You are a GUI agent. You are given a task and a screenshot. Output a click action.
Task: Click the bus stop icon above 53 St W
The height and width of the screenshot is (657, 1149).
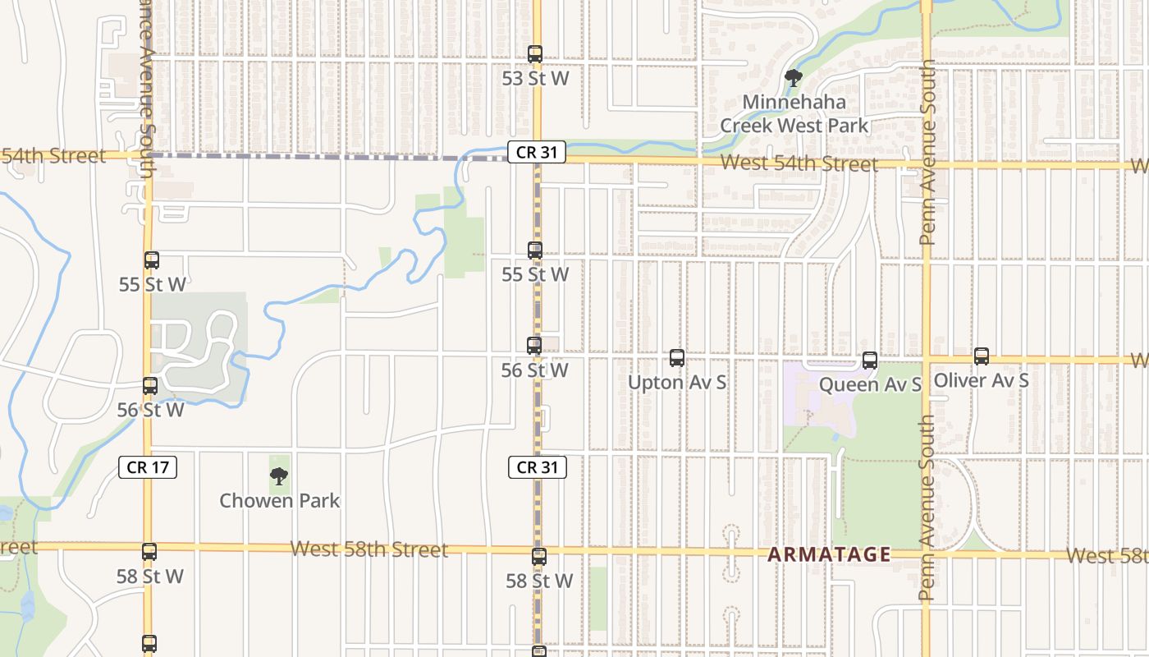(535, 54)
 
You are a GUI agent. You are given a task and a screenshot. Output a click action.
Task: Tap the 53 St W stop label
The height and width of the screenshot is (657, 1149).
(536, 79)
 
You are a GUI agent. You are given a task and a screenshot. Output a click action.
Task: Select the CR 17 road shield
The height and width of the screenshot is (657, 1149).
(149, 467)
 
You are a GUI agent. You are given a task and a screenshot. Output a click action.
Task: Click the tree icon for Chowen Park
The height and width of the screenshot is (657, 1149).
(279, 476)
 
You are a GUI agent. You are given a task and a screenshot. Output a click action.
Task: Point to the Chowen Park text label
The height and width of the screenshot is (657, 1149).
(279, 500)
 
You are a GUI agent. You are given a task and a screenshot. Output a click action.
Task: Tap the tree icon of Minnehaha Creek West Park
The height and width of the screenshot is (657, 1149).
(793, 79)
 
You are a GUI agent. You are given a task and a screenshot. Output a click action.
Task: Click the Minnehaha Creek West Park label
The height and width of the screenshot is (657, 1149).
(794, 114)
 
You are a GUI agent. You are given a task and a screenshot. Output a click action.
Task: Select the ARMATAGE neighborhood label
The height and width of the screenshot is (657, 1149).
(829, 554)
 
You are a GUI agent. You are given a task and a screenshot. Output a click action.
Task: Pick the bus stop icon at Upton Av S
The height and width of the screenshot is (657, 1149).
(677, 358)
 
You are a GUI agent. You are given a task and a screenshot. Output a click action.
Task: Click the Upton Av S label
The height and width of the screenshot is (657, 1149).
(677, 383)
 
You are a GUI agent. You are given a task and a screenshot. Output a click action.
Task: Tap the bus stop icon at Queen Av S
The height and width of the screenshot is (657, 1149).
(870, 360)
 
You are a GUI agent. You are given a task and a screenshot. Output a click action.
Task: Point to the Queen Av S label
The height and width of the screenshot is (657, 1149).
(870, 384)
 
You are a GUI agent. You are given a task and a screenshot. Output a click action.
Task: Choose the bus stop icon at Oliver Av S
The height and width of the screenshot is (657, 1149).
(982, 356)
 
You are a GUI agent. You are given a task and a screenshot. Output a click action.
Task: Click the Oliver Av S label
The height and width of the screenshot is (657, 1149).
(982, 381)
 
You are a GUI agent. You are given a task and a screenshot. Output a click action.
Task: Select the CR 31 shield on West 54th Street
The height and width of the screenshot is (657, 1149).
(537, 152)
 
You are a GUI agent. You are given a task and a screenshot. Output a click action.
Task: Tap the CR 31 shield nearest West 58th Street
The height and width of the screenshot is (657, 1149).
(538, 467)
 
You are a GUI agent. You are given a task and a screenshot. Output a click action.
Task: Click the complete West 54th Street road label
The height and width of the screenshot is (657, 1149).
(799, 163)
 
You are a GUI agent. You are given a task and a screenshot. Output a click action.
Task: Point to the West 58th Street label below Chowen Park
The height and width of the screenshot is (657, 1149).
(369, 549)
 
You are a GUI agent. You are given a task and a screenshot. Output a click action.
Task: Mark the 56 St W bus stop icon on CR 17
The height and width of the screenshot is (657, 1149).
(150, 385)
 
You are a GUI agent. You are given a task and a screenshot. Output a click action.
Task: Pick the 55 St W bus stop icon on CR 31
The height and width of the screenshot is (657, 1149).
(535, 250)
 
